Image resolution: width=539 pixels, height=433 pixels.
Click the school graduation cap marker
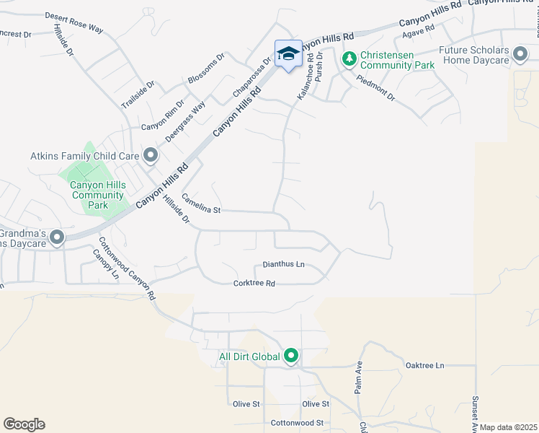[x=288, y=53]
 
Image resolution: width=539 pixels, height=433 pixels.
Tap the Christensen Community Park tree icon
[x=349, y=58]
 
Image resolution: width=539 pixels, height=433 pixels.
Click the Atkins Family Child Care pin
[x=150, y=155]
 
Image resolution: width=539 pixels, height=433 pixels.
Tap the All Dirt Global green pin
[x=291, y=356]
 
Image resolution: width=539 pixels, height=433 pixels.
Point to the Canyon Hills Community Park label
[x=98, y=195]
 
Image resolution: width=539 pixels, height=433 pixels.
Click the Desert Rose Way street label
[x=74, y=20]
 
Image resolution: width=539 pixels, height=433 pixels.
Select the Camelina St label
[x=200, y=205]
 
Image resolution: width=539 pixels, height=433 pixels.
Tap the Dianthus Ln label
[x=283, y=265]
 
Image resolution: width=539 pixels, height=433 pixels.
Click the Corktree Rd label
[x=254, y=284]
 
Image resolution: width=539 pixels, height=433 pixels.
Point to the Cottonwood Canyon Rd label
[x=127, y=268]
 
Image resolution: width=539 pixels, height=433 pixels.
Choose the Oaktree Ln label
[x=425, y=366]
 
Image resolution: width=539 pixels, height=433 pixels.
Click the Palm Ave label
[x=357, y=377]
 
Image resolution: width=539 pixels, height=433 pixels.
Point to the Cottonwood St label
[x=297, y=423]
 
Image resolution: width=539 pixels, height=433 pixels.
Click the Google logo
[x=24, y=424]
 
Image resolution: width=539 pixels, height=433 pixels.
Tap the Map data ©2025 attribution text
[x=508, y=427]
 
